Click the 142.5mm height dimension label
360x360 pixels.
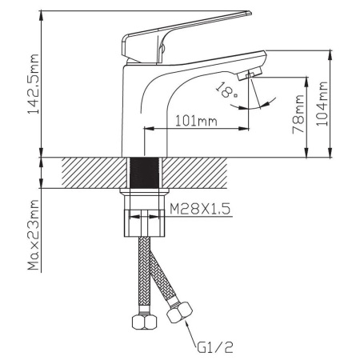(34, 84)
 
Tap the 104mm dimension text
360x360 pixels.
(322, 103)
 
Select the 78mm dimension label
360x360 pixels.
(298, 114)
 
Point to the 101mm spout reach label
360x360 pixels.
(196, 121)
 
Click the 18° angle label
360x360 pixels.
(226, 90)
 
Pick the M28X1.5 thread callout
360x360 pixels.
(200, 209)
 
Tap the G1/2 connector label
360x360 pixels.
(215, 347)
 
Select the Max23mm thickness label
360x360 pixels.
(34, 234)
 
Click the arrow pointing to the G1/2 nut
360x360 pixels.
(190, 333)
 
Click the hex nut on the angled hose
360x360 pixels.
(179, 312)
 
